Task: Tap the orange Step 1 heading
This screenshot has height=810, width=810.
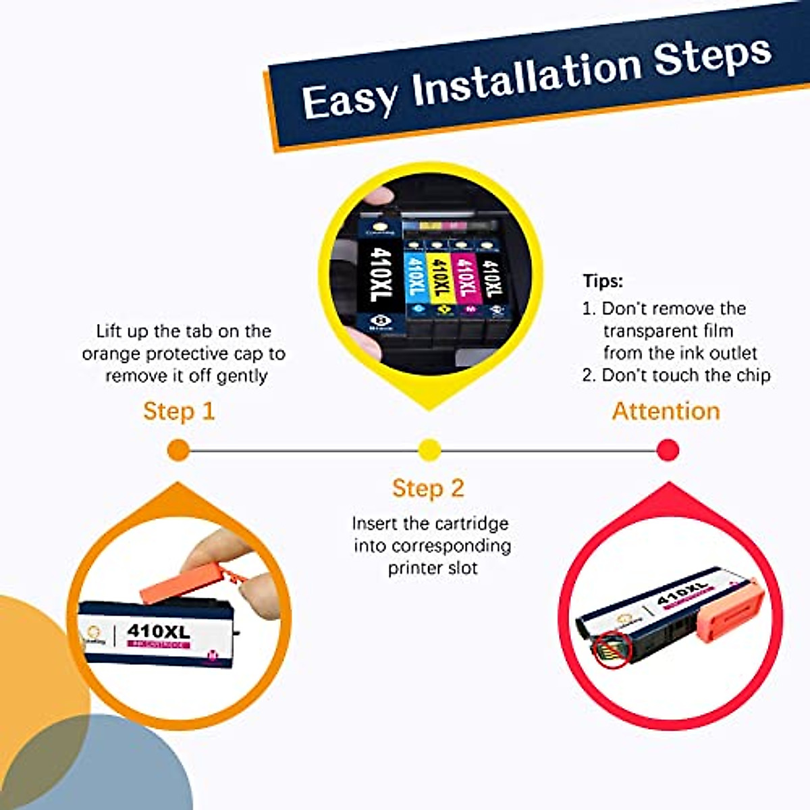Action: click(179, 411)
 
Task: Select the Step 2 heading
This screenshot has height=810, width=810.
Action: click(428, 488)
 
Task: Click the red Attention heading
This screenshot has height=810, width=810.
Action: click(666, 411)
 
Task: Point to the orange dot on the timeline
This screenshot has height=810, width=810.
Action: click(178, 450)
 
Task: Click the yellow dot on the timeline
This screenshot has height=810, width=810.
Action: click(430, 450)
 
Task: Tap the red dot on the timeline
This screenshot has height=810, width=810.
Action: click(668, 450)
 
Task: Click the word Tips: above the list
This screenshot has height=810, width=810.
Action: click(603, 281)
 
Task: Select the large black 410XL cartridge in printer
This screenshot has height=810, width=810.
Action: click(379, 277)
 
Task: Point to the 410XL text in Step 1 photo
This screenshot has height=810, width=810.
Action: click(159, 631)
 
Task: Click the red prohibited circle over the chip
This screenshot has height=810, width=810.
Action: click(613, 650)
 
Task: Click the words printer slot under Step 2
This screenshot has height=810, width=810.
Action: click(433, 568)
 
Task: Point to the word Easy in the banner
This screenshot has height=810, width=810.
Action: click(348, 100)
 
